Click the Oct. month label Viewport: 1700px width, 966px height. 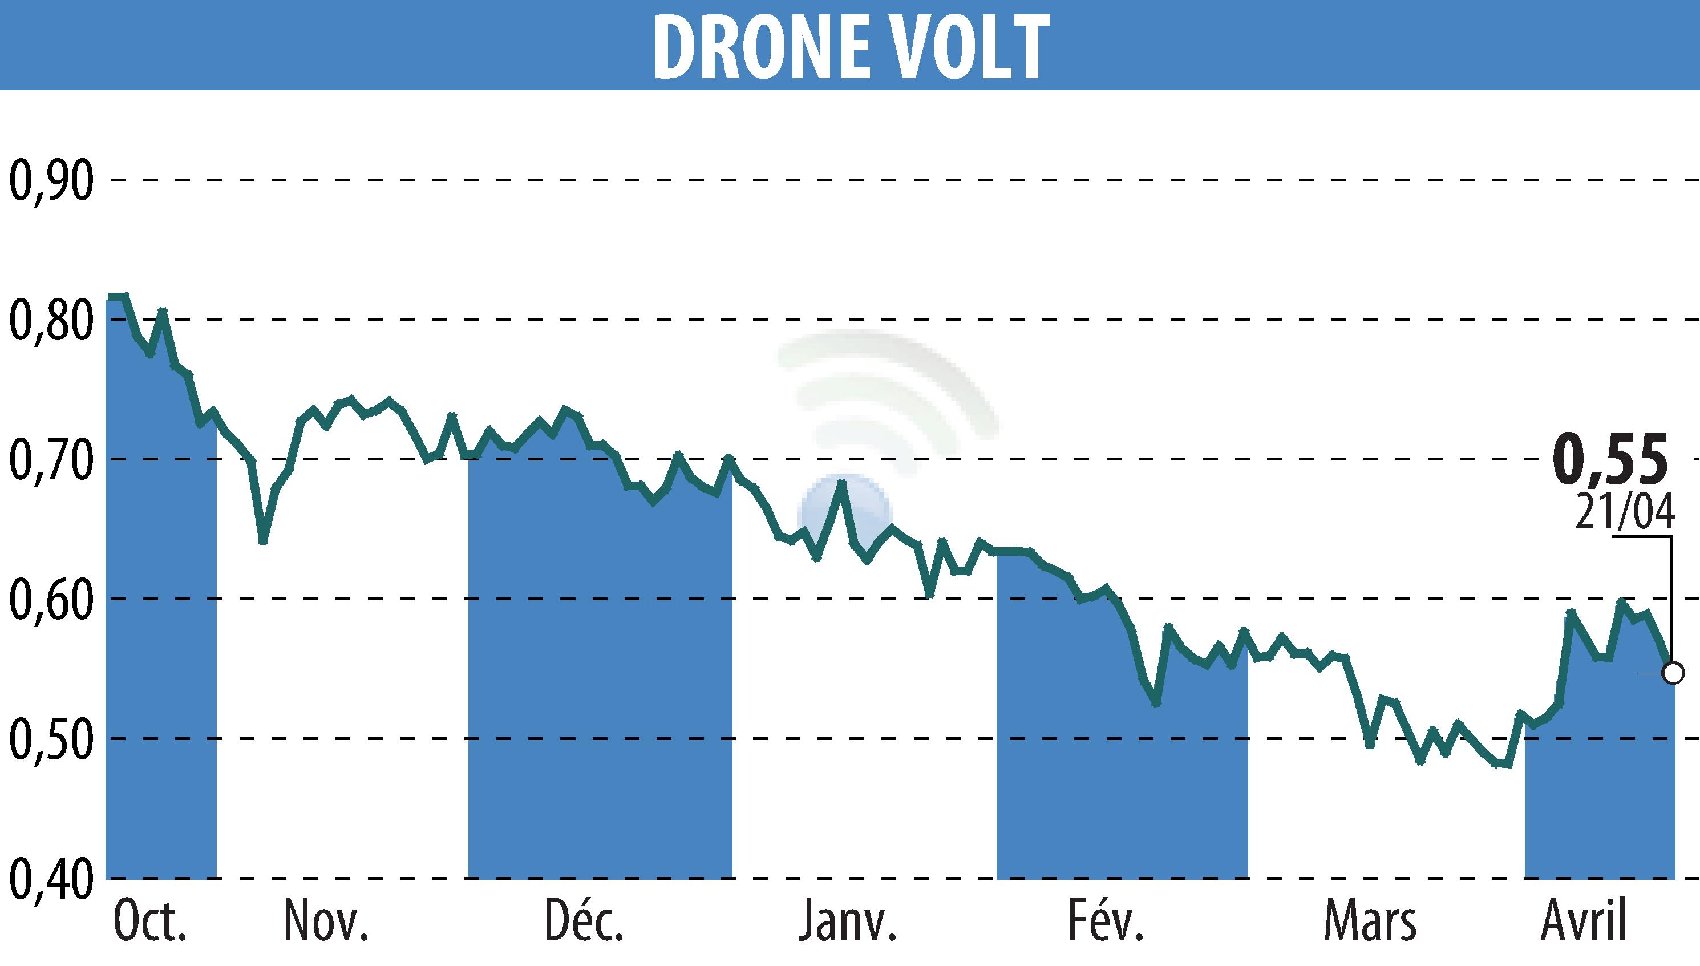coord(151,922)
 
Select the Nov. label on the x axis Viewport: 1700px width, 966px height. coord(326,922)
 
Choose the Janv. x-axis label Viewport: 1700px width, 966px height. coord(848,922)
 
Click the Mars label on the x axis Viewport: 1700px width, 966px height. coord(1370,922)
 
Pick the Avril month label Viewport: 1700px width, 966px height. coord(1582,922)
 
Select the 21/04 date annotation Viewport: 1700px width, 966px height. coord(1623,512)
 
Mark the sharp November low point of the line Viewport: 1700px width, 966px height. coord(264,541)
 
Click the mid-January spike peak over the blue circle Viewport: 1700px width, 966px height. coord(841,482)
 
